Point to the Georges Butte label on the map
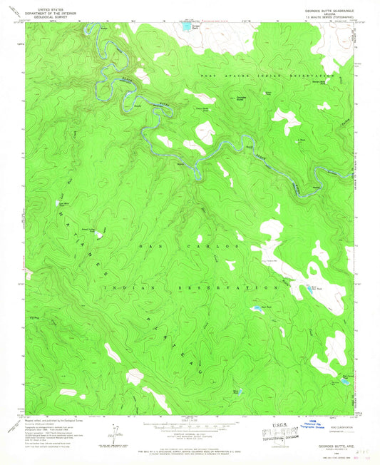tap(242, 97)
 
